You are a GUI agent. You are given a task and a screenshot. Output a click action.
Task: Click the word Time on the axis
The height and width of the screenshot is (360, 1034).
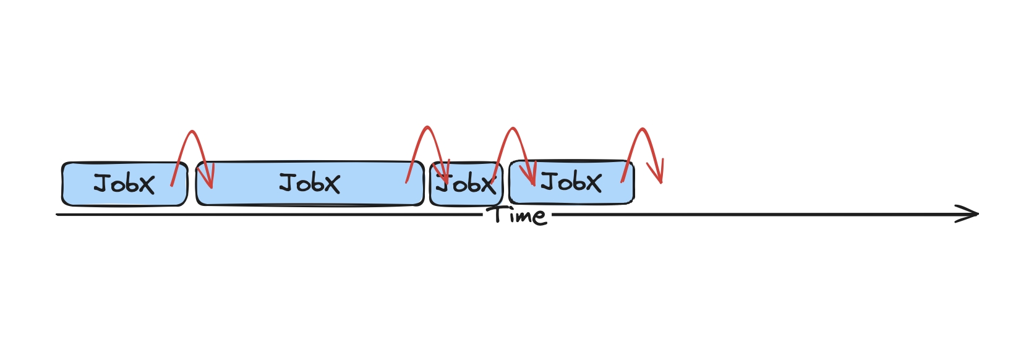pos(516,215)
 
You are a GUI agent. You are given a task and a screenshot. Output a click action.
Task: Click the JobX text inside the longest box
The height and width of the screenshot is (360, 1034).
pos(309,183)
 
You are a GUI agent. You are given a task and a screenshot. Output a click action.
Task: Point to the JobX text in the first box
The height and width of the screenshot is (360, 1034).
pos(124,184)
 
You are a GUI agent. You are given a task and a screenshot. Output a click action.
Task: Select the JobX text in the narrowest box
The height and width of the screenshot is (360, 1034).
pos(466,184)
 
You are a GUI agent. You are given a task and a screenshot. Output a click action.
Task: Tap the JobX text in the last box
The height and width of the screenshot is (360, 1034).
pos(571,182)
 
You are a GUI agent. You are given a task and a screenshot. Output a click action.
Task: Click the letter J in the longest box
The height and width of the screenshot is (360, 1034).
pos(287,183)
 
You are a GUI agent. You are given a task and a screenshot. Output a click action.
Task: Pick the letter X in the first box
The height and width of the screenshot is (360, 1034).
pos(147,184)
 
